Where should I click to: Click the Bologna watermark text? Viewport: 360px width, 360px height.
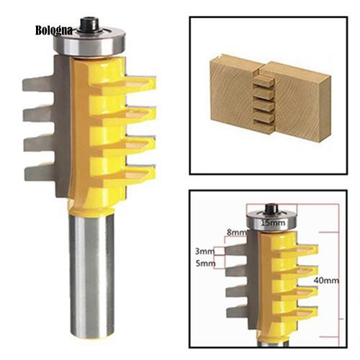(x=54, y=30)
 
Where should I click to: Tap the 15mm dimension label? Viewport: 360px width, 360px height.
(x=273, y=222)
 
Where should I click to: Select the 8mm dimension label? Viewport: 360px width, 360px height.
(x=236, y=232)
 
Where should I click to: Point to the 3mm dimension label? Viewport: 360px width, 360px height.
(x=204, y=251)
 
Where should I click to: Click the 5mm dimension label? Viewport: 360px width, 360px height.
(x=205, y=264)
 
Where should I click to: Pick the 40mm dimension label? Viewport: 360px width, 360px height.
(x=326, y=280)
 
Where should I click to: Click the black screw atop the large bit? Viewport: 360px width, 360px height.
(x=89, y=24)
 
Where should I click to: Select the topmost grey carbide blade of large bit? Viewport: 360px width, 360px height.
(x=38, y=84)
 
